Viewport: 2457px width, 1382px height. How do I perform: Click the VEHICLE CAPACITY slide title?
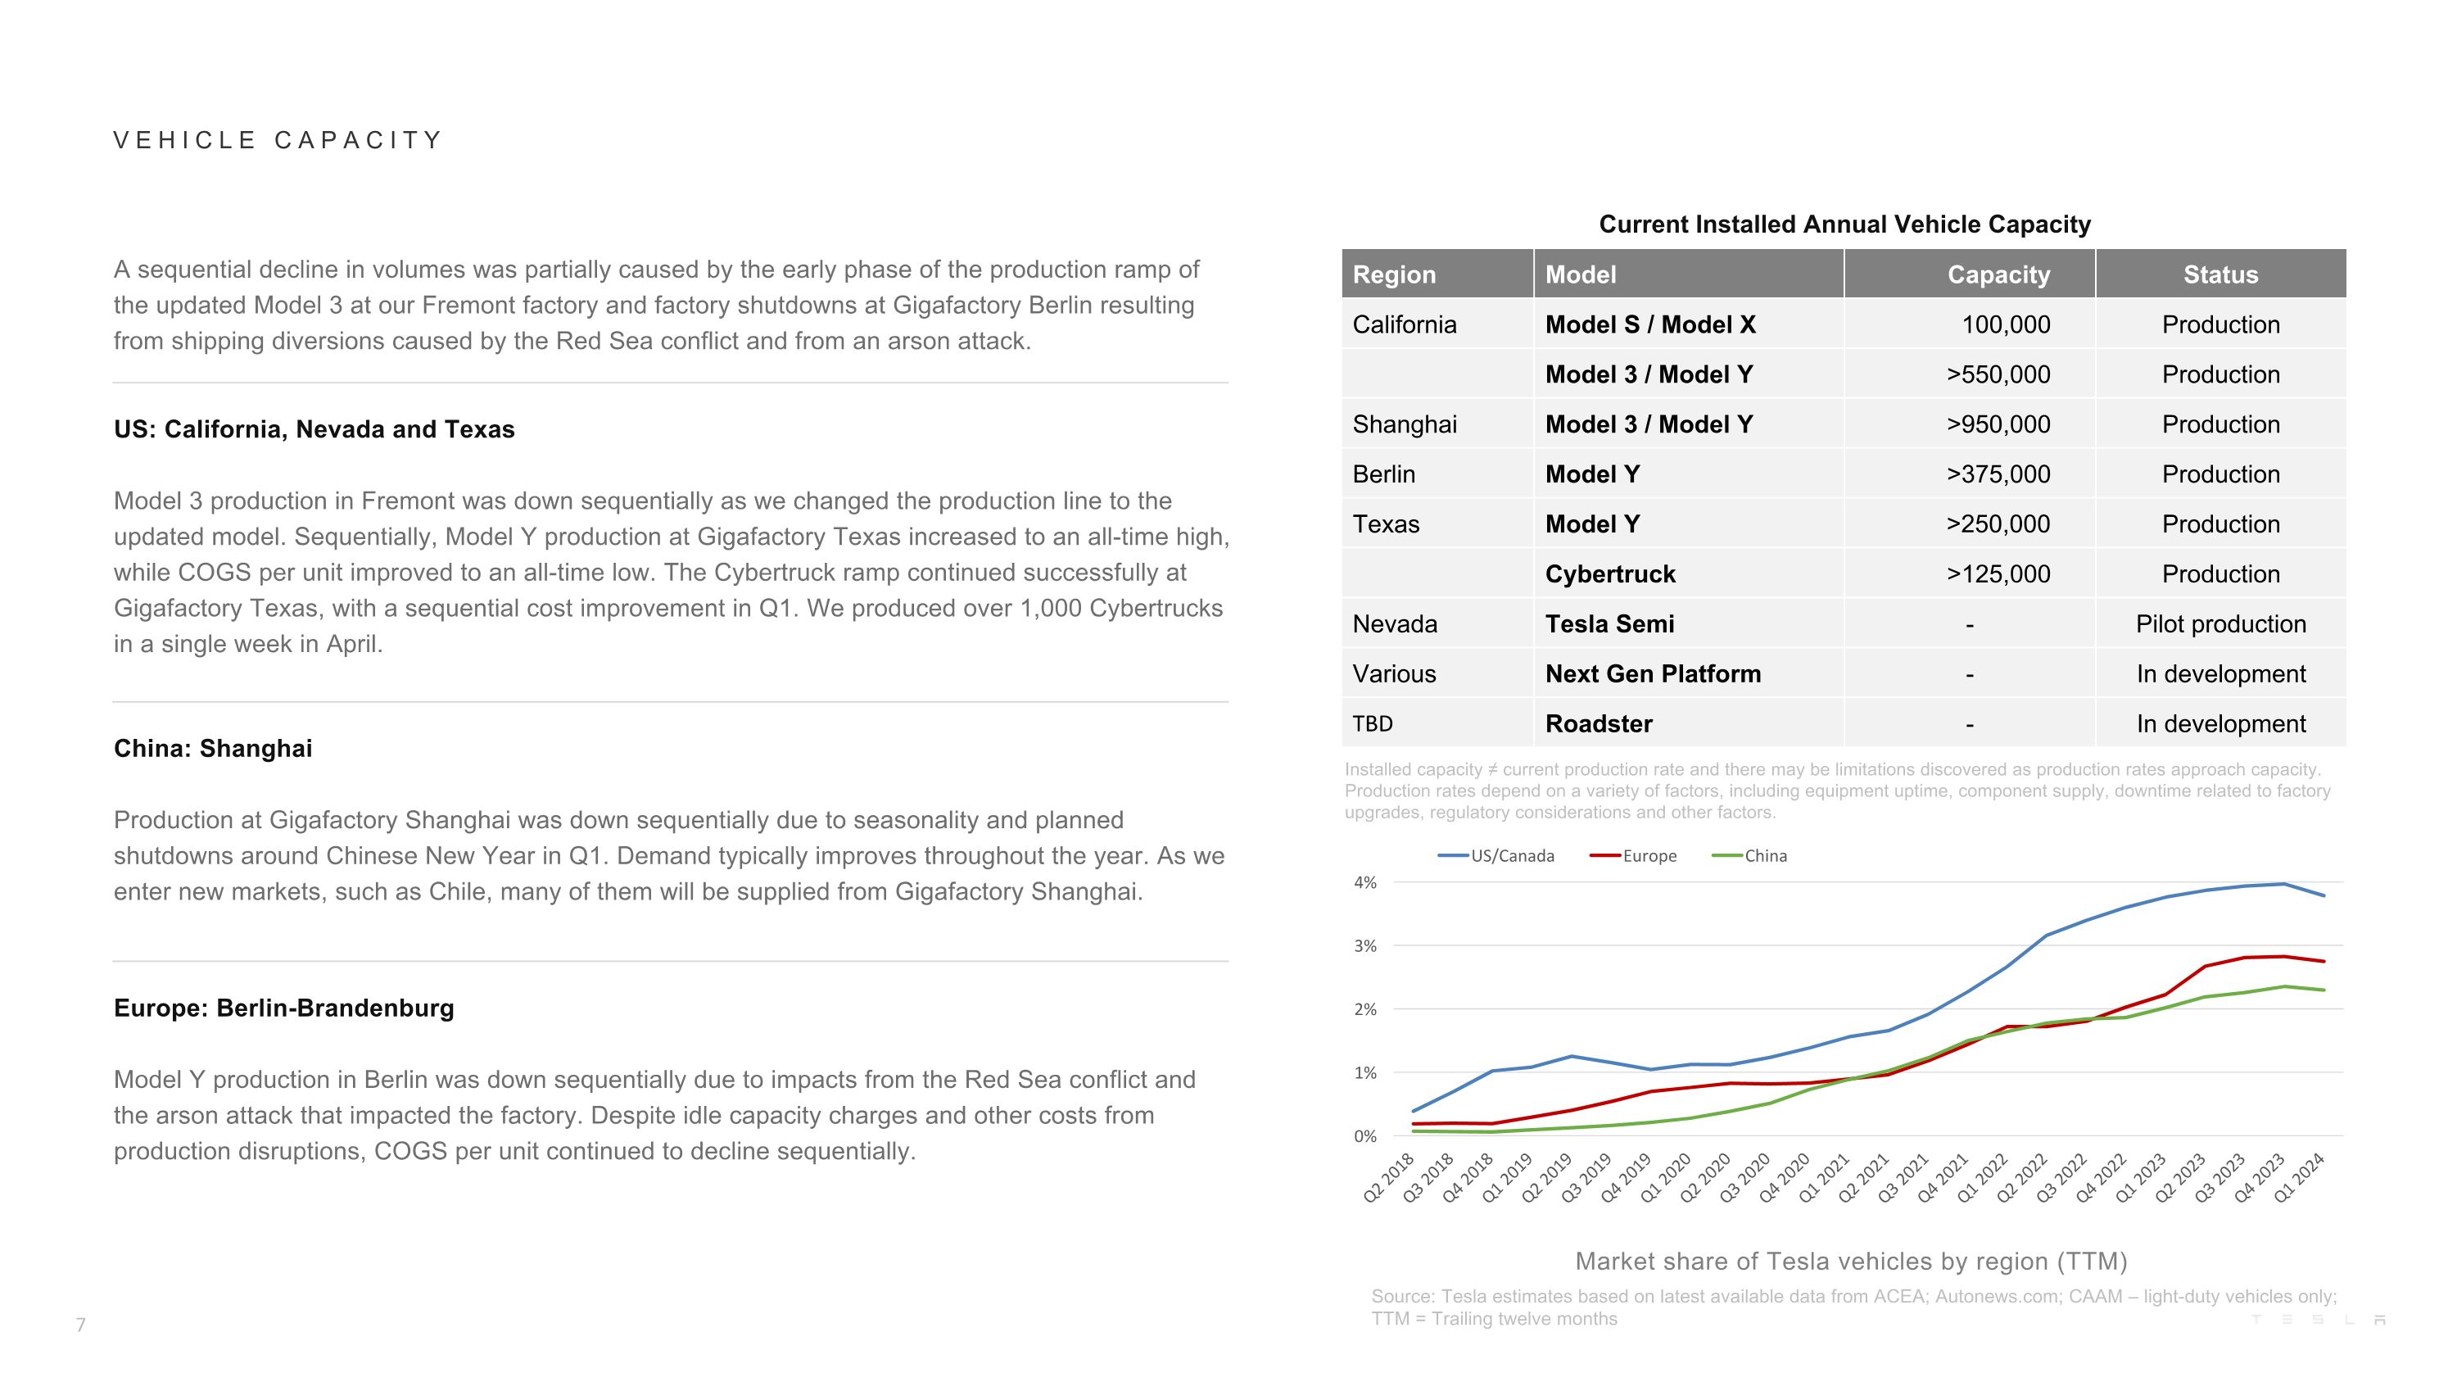(278, 140)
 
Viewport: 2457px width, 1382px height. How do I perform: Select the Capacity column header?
(1998, 274)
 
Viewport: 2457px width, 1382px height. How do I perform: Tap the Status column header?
(2220, 274)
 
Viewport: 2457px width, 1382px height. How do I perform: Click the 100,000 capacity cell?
(2005, 324)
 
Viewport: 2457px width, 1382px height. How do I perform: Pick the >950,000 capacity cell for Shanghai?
(1998, 424)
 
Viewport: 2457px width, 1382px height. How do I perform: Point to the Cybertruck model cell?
(1610, 574)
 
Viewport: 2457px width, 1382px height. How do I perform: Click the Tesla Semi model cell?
(1609, 623)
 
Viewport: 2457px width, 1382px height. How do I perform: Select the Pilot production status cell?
(2220, 623)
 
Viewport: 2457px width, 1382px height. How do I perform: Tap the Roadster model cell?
(1599, 724)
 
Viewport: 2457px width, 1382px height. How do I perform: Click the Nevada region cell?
(1395, 623)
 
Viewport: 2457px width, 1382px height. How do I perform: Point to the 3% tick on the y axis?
(1365, 946)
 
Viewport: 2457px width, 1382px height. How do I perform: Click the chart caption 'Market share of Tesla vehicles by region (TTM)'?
(1850, 1261)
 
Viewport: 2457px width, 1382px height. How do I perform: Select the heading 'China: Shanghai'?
(213, 749)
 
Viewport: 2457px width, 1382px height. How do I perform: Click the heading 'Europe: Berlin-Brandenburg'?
(283, 1008)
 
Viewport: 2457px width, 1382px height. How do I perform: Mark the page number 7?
(81, 1325)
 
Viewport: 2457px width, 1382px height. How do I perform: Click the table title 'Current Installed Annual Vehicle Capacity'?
(1844, 224)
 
